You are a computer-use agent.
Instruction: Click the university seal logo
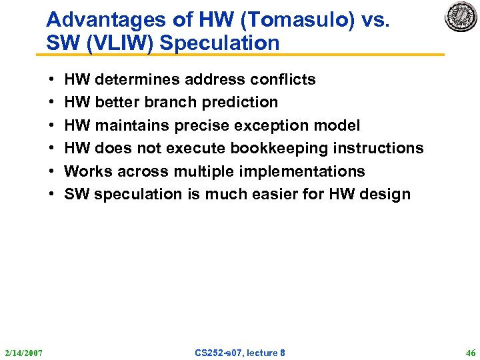461,17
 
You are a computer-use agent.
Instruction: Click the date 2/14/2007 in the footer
23,352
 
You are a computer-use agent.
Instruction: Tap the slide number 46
470,352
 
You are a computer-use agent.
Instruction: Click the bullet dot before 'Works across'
51,171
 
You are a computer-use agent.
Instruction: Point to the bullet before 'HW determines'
51,79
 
